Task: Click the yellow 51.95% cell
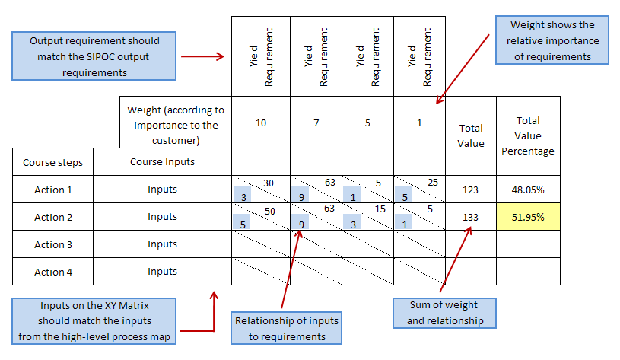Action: point(528,218)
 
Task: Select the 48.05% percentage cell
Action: point(528,190)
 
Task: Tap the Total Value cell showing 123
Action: point(470,190)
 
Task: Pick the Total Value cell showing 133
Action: point(470,218)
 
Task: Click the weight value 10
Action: point(261,123)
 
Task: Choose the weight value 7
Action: point(316,123)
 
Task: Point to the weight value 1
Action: point(418,123)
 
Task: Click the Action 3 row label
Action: point(52,244)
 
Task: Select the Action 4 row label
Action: point(52,272)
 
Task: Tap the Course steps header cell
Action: point(52,162)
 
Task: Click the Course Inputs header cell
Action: point(162,162)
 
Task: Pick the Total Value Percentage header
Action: point(528,135)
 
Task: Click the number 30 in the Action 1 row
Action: point(268,183)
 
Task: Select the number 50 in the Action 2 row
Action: point(268,210)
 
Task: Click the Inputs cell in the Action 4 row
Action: point(162,272)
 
